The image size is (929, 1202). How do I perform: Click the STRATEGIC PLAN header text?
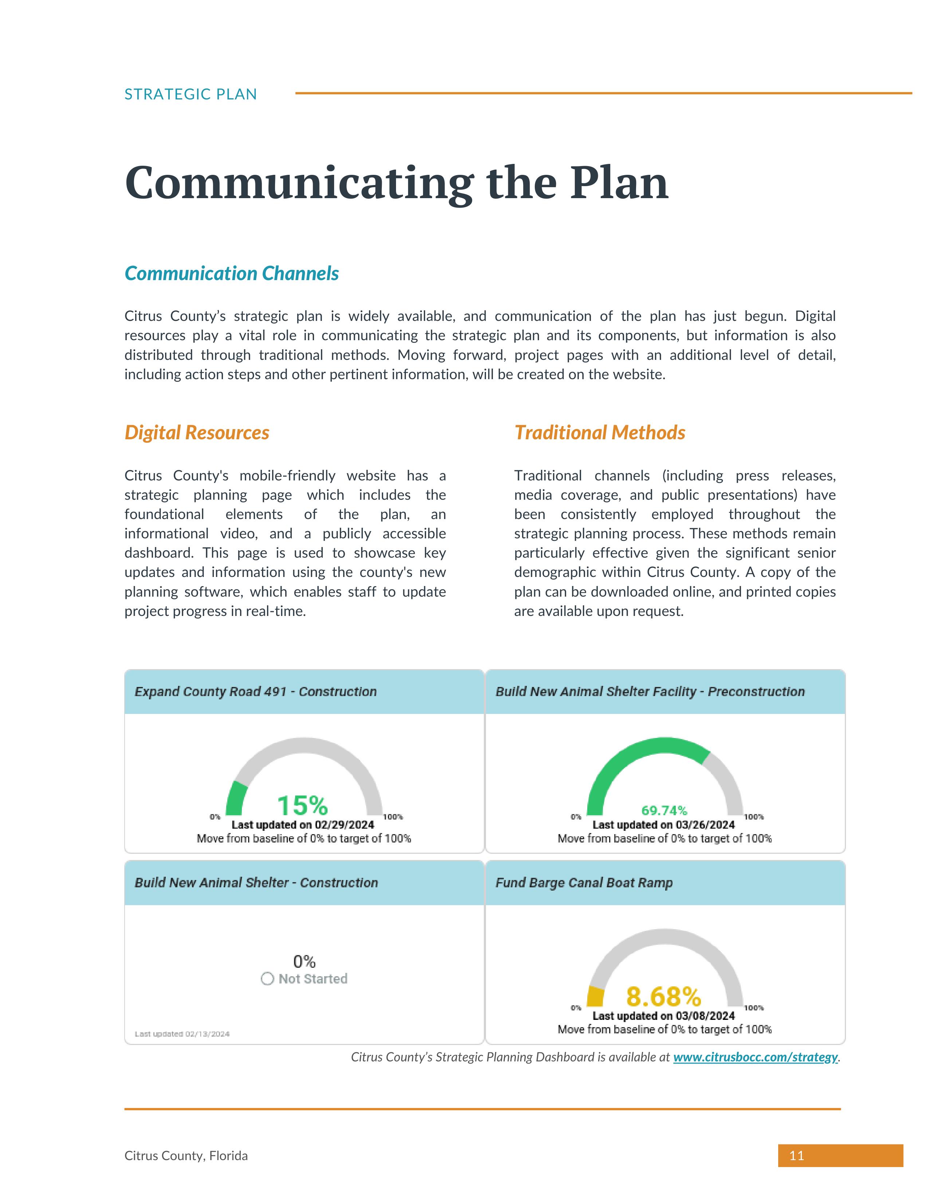(191, 94)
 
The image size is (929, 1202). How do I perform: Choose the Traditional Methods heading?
(599, 433)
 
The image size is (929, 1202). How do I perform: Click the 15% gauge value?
(302, 805)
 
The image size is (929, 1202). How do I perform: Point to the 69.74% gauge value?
(664, 810)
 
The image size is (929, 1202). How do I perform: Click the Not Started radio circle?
(267, 979)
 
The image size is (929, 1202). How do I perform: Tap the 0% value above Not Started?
(304, 962)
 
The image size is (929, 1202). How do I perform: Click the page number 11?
(796, 1156)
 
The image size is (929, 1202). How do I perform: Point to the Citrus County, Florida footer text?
(186, 1156)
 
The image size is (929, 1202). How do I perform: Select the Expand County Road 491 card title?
(255, 692)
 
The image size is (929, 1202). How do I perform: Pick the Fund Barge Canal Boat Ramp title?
(584, 883)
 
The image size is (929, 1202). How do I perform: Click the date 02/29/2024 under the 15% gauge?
(345, 824)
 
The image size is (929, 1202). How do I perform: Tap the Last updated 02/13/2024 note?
(182, 1034)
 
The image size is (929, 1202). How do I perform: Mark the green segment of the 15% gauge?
(236, 799)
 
